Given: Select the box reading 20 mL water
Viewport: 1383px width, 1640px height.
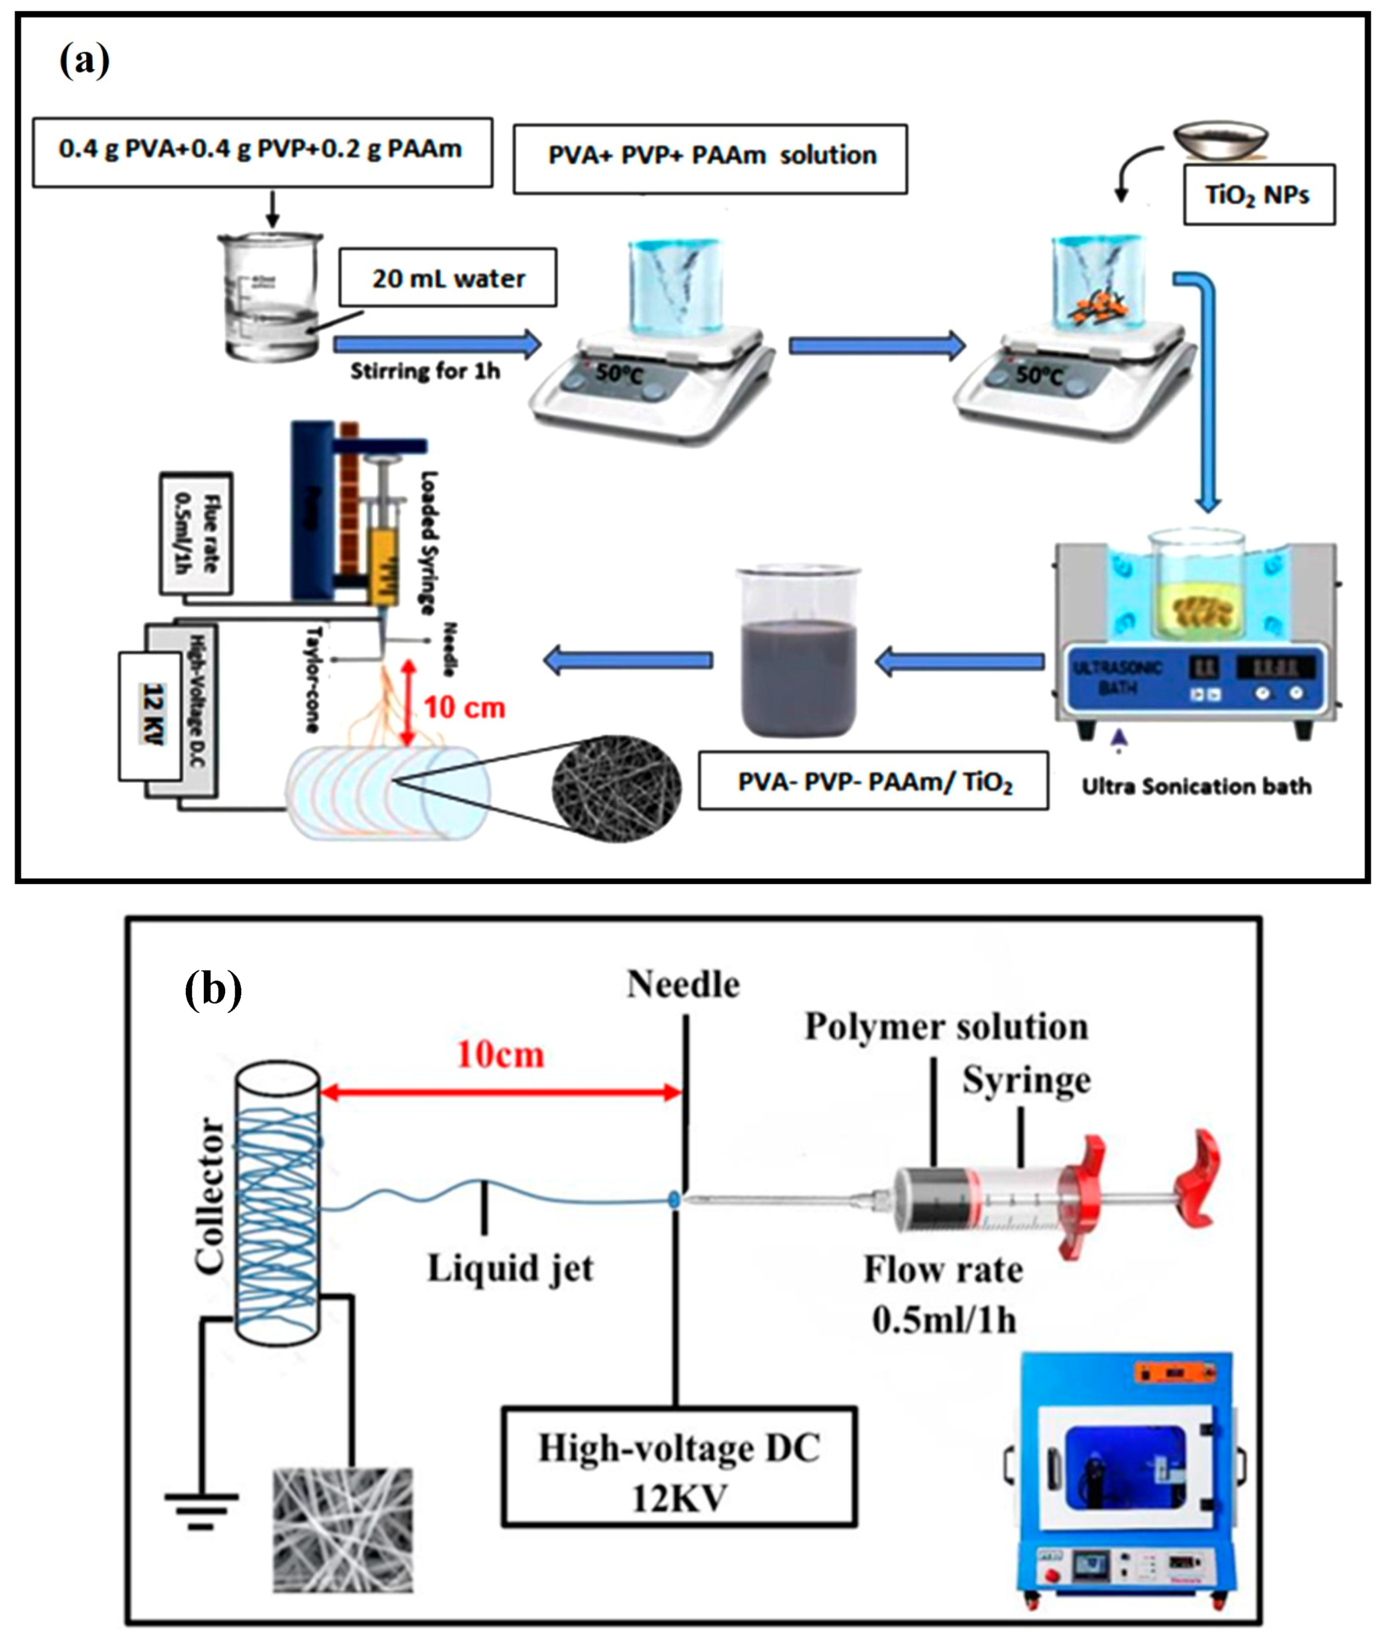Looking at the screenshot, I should (448, 278).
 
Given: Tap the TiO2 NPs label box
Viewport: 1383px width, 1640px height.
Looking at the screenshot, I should (1258, 194).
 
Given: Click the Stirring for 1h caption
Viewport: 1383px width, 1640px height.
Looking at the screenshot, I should (424, 371).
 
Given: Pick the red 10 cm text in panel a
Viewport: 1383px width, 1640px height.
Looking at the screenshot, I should (464, 708).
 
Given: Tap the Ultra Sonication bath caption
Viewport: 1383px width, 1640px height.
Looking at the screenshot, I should (1196, 786).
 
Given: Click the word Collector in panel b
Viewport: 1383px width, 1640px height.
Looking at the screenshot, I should (210, 1196).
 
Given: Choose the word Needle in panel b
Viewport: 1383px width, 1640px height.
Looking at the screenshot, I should (683, 984).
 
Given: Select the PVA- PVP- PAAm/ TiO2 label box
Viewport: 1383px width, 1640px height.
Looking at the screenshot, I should (874, 782).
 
